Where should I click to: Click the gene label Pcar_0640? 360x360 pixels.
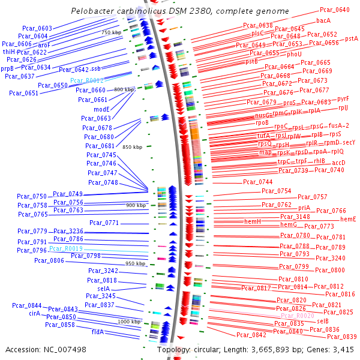point(335,10)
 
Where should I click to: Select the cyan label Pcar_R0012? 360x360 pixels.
point(87,80)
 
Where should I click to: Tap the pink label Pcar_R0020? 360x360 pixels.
point(298,316)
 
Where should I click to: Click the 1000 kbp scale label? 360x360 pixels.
point(129,322)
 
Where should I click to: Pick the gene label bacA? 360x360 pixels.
point(323,20)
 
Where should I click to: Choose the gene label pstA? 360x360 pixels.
point(352,38)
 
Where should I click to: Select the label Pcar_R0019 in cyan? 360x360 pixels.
point(66,248)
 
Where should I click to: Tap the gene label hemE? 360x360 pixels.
point(348,220)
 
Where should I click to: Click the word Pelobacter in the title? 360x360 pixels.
point(92,11)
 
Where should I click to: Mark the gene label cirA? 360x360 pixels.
point(34,313)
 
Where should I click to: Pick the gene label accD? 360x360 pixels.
point(338,163)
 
